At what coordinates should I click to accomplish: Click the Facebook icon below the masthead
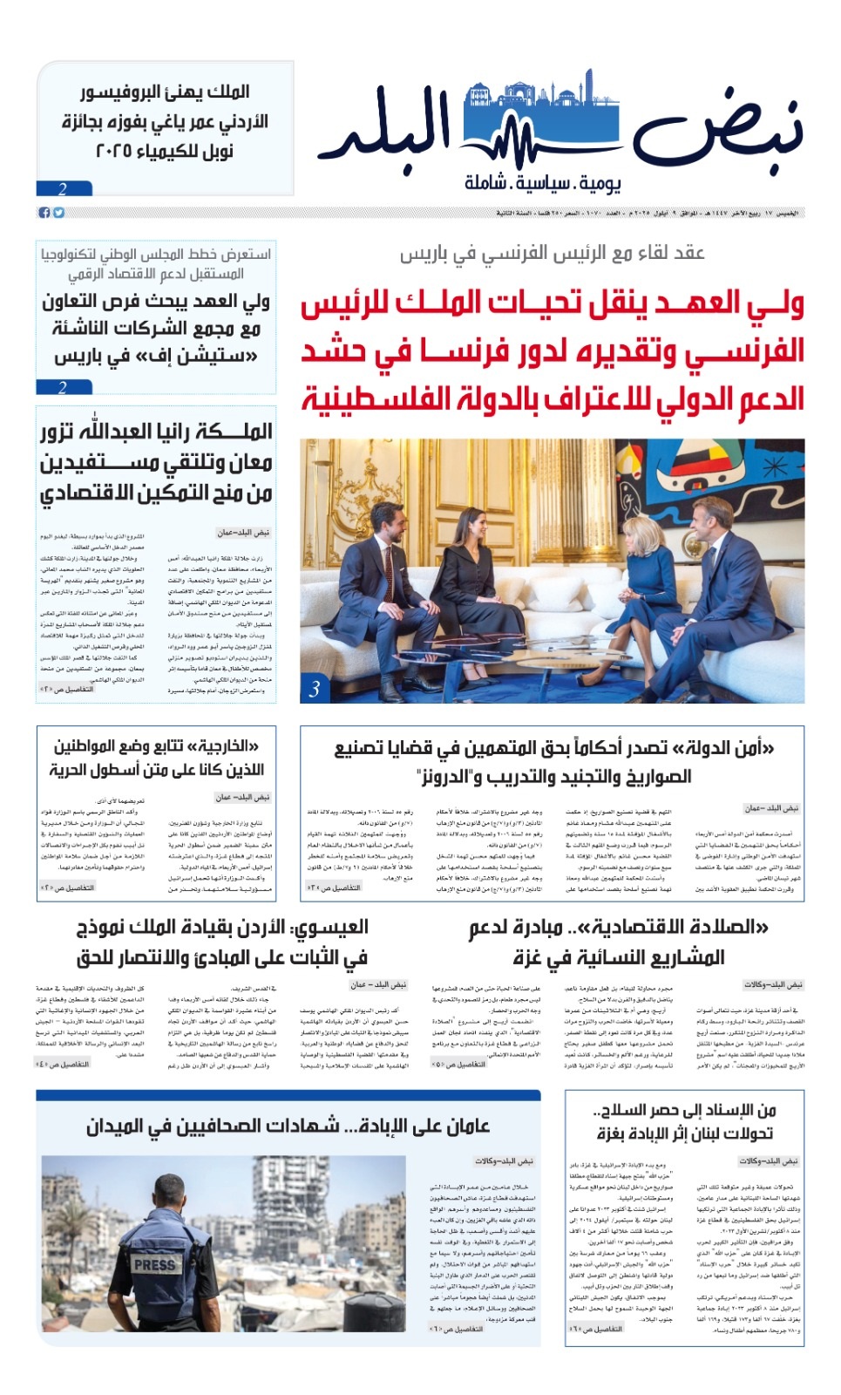[44, 213]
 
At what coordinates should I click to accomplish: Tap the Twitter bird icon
[58, 213]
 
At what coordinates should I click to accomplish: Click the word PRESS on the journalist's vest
[154, 1264]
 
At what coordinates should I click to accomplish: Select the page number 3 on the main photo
[315, 689]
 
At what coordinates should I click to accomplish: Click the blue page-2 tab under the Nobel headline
[64, 188]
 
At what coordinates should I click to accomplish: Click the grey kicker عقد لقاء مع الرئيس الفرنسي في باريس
[552, 254]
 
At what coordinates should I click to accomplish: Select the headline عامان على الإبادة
[288, 1126]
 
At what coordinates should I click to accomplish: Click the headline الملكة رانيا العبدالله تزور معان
[157, 462]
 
